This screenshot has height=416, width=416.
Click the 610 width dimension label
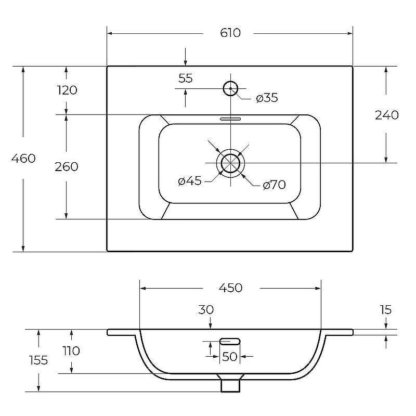230,33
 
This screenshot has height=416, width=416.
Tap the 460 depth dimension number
23,159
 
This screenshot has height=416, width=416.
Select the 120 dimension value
68,90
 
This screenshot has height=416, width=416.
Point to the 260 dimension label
67,166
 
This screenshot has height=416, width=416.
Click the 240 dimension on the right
386,115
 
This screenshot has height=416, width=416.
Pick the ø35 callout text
267,98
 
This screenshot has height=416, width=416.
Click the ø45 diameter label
190,181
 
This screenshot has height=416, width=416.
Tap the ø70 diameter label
274,185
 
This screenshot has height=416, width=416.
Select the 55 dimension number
186,79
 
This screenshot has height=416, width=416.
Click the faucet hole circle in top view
230,81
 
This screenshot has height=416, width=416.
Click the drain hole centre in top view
230,163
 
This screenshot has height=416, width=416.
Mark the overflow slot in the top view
230,119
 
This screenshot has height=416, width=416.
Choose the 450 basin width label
230,288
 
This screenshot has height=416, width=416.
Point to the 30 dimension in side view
206,309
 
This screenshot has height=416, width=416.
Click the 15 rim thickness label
385,309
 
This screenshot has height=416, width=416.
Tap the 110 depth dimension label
71,350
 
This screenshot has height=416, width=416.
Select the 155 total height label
38,360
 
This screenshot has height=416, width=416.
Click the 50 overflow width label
229,357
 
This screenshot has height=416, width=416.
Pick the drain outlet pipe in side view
230,386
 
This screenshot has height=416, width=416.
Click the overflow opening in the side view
230,342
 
